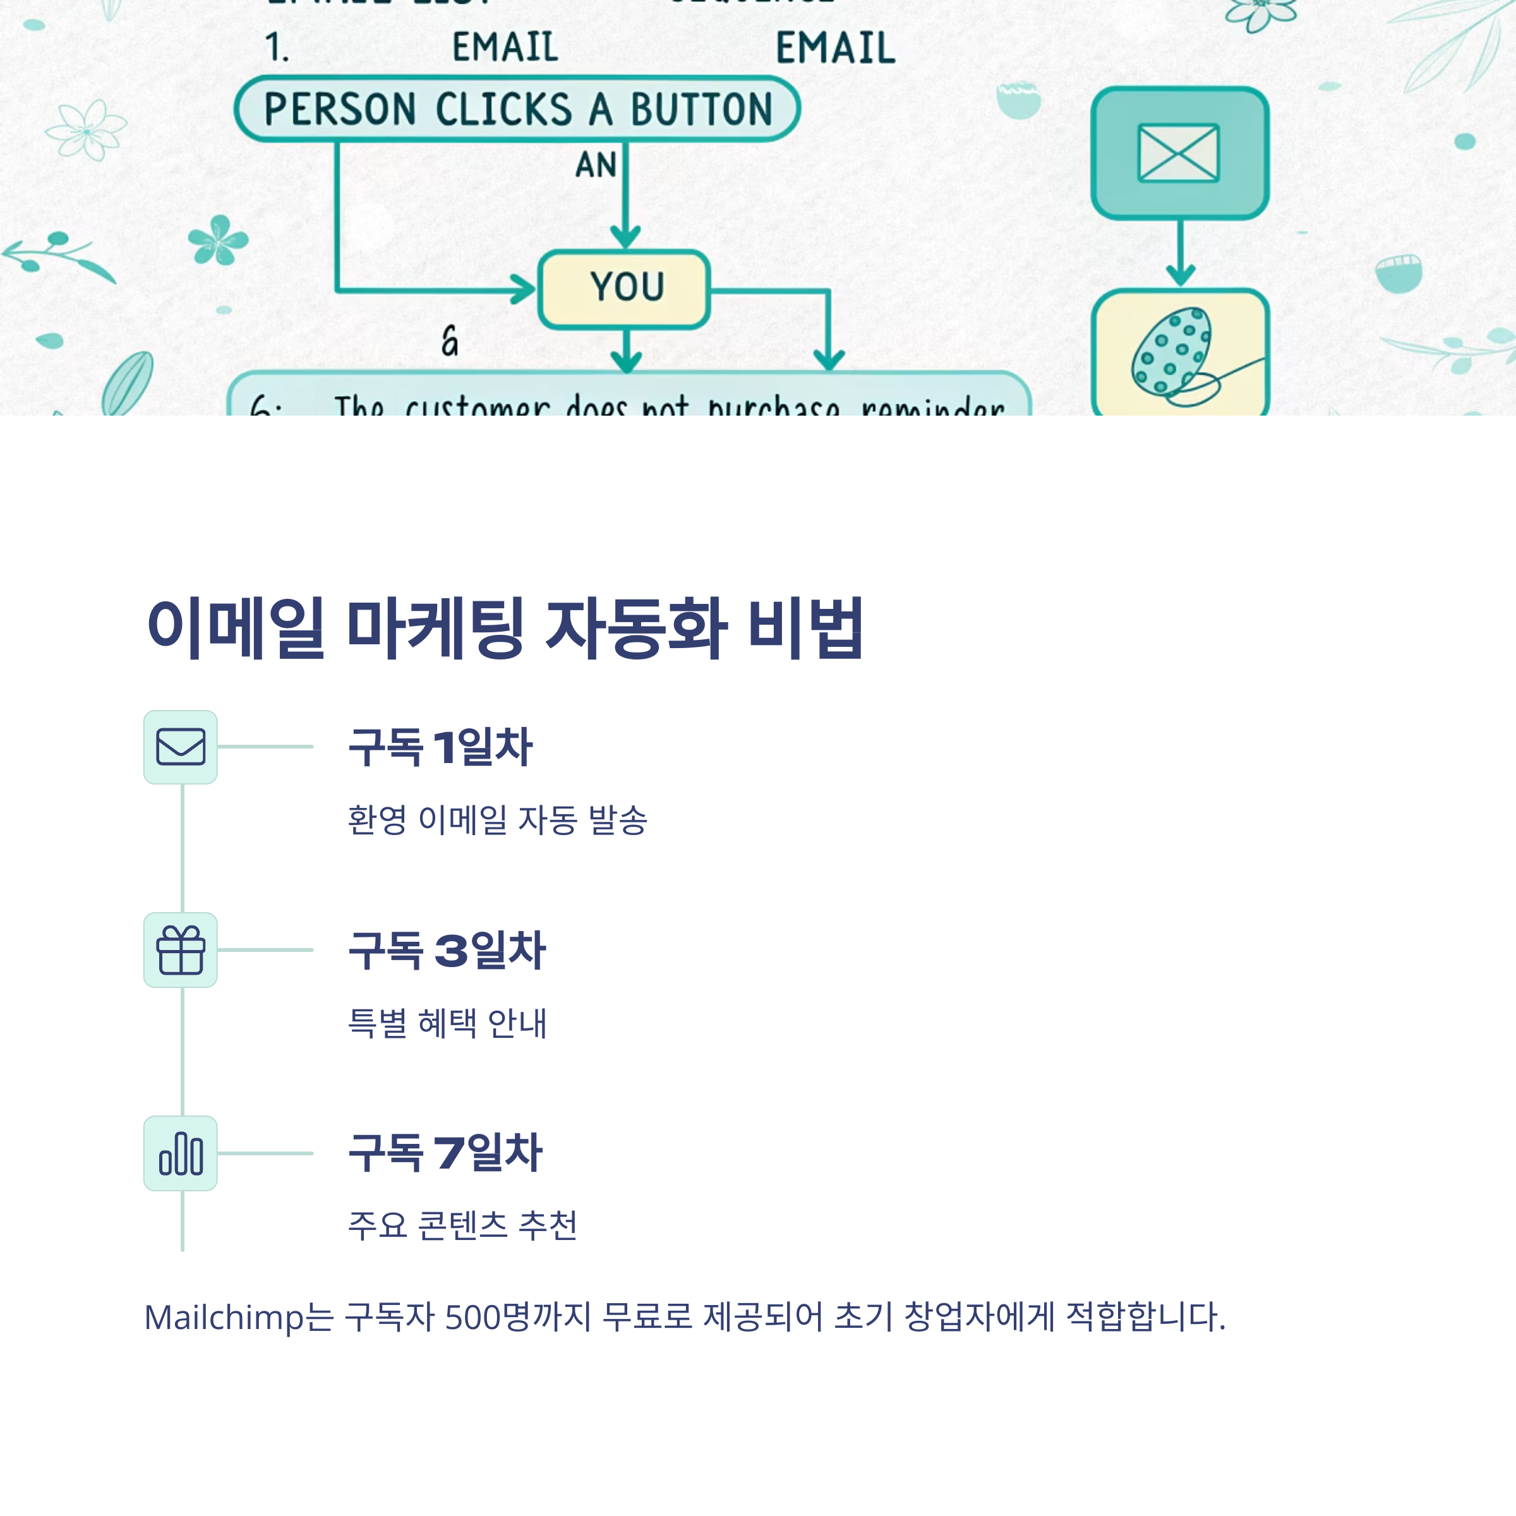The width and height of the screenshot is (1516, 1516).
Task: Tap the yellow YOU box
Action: coord(625,288)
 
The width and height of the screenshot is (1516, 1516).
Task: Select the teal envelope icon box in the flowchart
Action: coord(1179,153)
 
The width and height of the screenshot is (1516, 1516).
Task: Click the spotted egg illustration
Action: coord(1170,352)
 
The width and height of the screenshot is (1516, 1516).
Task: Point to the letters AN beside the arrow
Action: coord(596,165)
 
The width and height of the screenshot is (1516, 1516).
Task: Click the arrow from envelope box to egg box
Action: coord(1180,253)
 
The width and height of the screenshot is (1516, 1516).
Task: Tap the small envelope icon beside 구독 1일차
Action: coord(181,747)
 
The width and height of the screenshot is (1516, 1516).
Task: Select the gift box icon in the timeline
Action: coord(181,949)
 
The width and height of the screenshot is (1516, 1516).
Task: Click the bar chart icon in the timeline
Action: coord(181,1153)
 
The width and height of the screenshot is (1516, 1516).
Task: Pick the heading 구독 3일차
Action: coord(447,949)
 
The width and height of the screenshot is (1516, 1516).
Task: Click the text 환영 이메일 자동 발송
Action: coord(496,820)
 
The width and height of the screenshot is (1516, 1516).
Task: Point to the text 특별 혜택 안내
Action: coord(447,1023)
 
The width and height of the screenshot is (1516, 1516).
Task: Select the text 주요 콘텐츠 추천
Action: coord(462,1225)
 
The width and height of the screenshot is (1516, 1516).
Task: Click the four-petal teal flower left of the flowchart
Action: coord(217,239)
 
